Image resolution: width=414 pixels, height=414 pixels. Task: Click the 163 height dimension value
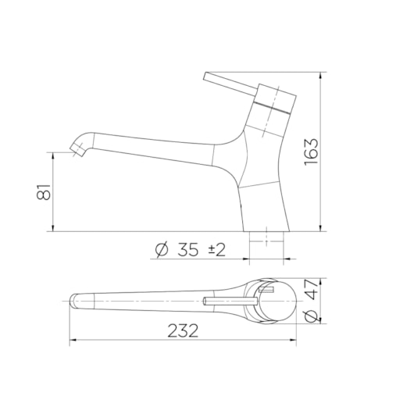(312, 152)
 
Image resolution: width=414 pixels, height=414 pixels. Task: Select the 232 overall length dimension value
(183, 331)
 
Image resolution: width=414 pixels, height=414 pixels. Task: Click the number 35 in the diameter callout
(187, 249)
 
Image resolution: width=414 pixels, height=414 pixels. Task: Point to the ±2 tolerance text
(217, 250)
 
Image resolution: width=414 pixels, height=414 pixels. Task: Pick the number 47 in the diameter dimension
(311, 289)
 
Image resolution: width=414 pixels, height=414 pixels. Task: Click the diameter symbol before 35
(162, 249)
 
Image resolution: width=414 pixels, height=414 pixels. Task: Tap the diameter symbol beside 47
(311, 316)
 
